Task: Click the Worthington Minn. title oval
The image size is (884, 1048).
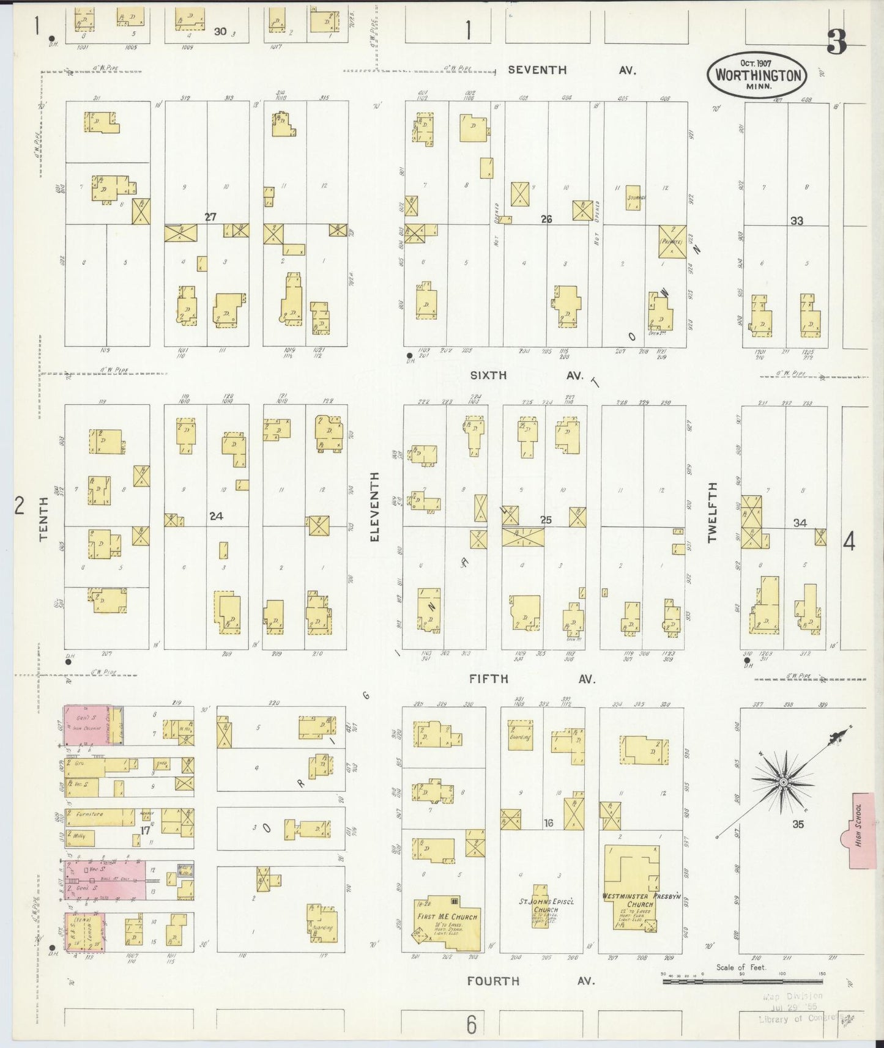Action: [757, 75]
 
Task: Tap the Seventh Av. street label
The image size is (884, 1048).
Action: [571, 70]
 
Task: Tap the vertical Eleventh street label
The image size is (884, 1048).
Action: [375, 506]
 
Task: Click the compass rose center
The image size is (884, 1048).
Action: [784, 782]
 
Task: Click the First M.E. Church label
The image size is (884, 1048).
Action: [447, 917]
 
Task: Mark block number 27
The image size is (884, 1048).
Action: [210, 216]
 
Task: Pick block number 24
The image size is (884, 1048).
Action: [215, 516]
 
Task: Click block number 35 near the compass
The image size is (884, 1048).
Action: [798, 824]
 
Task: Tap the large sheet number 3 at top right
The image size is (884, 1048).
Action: [836, 42]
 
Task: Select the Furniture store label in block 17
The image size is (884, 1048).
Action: [90, 814]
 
